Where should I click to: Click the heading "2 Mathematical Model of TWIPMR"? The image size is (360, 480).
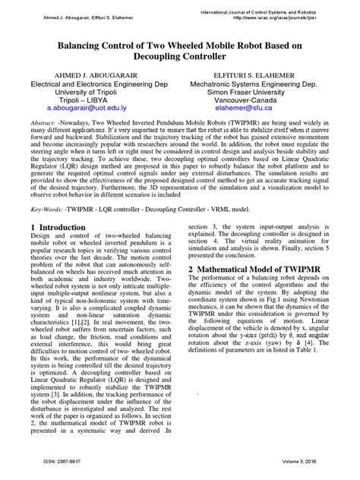pos(264,269)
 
